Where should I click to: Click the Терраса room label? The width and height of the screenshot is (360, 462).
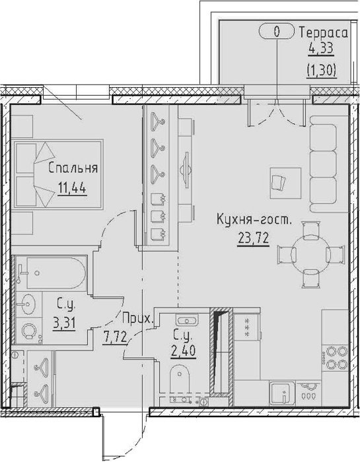(x=324, y=33)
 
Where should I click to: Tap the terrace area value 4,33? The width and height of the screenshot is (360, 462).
(x=321, y=48)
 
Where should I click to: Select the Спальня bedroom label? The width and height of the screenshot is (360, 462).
(x=73, y=168)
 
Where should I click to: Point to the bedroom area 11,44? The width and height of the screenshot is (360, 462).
(x=72, y=187)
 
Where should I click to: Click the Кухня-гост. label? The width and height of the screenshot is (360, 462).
(x=254, y=220)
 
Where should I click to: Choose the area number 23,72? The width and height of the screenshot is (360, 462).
(x=254, y=238)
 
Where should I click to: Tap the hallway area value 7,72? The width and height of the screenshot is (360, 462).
(x=116, y=337)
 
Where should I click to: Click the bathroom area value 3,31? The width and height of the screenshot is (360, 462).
(x=64, y=323)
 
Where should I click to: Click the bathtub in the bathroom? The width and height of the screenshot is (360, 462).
(x=56, y=273)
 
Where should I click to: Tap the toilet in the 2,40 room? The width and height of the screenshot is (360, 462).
(x=179, y=379)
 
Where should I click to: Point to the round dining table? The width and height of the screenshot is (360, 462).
(x=310, y=254)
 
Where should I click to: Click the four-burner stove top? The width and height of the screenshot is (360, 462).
(x=335, y=358)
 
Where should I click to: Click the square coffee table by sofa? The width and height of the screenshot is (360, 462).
(x=285, y=183)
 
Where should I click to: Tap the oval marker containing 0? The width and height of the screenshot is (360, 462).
(x=277, y=31)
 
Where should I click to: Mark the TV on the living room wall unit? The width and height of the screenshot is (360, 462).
(x=185, y=170)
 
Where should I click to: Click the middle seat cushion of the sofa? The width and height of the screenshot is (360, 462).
(x=324, y=163)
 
